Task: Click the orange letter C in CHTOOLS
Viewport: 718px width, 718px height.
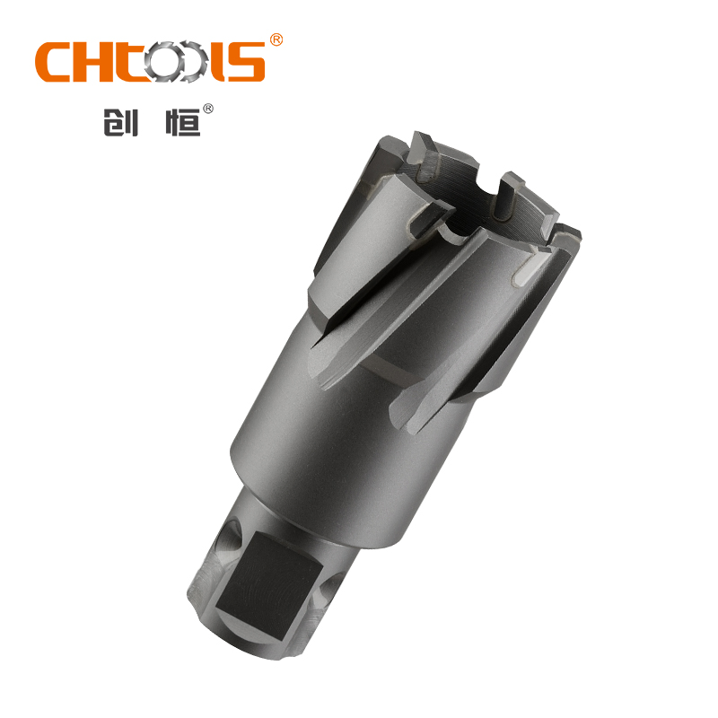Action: [56, 62]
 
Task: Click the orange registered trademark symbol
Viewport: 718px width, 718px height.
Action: [276, 40]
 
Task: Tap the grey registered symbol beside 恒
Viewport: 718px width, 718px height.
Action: [208, 109]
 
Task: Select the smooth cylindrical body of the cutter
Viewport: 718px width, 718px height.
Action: [332, 431]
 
